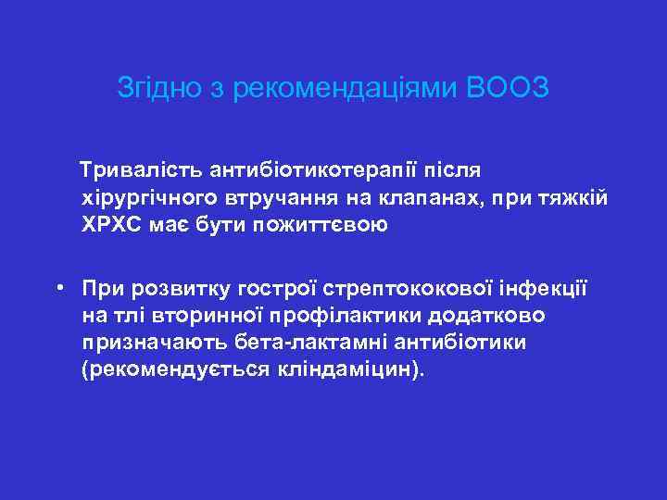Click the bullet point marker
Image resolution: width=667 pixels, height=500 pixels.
(58, 287)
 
